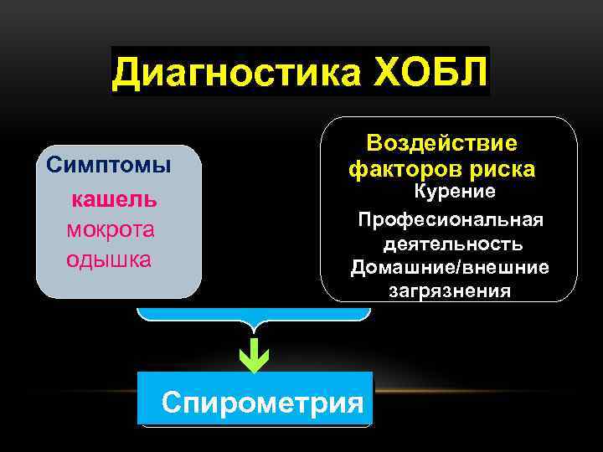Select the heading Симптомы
(109, 164)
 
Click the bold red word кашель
(114, 200)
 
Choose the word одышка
(109, 259)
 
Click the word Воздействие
(441, 142)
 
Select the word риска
(502, 170)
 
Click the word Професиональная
(451, 219)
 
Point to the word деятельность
(453, 244)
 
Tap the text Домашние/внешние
(451, 268)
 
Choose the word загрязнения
(450, 291)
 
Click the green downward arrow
(254, 357)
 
